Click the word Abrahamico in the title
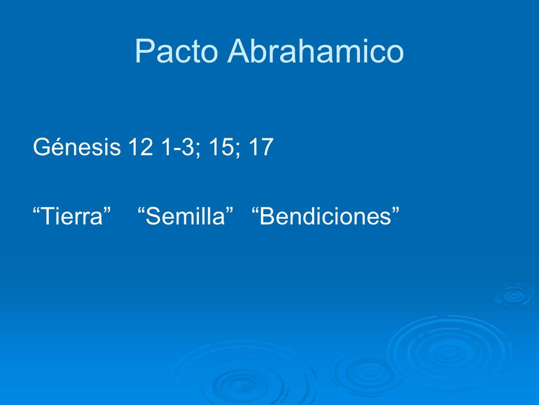coord(316,52)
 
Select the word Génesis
coord(76,147)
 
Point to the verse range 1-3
coord(179,147)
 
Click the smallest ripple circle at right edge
coord(513,295)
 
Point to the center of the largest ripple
coord(449,353)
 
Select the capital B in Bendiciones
coord(268,216)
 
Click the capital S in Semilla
coord(152,216)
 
